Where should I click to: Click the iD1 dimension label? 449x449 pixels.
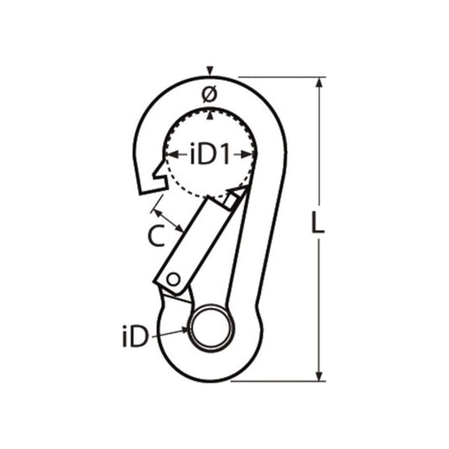coord(210,154)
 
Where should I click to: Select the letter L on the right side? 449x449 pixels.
coord(316,225)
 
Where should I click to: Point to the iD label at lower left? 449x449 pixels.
coord(134,337)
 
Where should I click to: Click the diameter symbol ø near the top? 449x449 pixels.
coord(209,95)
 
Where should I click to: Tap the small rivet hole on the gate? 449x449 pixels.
coord(173,279)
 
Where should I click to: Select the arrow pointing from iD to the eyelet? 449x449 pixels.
coord(172,334)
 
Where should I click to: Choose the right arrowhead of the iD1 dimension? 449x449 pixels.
coord(249,154)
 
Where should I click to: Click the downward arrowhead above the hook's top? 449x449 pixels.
coord(210,70)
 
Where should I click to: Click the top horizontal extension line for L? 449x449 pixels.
coord(277,78)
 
